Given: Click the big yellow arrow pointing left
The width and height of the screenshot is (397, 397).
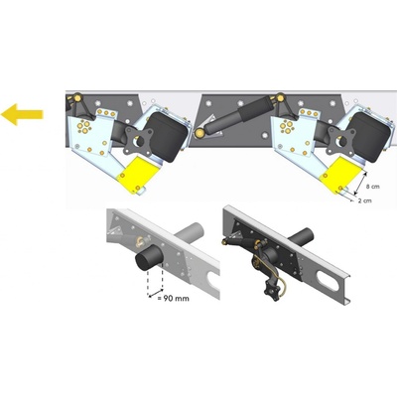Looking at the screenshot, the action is coord(22,114).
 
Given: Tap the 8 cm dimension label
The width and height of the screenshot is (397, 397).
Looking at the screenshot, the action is coord(373,187).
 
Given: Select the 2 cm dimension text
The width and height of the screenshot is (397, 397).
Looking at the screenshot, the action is coord(364,200).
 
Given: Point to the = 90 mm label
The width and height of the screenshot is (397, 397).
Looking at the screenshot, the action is coord(174,298).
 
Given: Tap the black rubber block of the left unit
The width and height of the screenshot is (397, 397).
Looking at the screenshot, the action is coord(167,136).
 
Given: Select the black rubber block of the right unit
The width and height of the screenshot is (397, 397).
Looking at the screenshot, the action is coord(369,136).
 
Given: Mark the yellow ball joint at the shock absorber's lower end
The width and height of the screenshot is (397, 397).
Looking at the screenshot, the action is coord(199,133).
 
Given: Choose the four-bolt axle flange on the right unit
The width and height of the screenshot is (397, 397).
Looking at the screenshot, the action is coord(341,142).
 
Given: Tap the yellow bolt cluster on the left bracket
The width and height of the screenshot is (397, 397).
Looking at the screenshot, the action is coord(82,126).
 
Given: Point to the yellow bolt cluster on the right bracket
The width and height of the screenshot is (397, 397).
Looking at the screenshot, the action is coord(286,126).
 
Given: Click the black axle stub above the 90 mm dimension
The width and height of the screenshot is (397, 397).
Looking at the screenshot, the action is coord(149,258).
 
